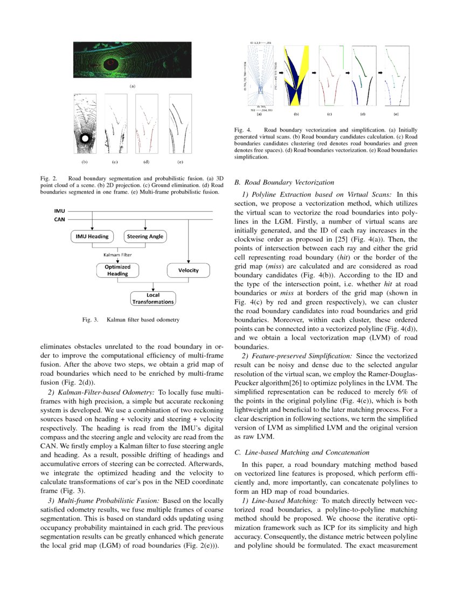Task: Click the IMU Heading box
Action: point(93,237)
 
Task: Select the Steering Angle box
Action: point(145,237)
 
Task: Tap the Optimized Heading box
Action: point(117,270)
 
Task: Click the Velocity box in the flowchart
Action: point(188,270)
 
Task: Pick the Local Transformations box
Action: point(153,299)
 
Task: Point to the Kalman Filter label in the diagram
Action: point(118,254)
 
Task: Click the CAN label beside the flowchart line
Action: point(60,219)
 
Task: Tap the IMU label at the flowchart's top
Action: point(60,212)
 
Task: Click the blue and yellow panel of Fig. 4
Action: point(296,78)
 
